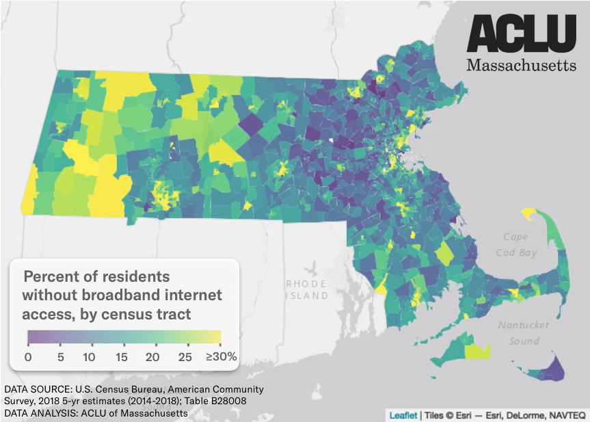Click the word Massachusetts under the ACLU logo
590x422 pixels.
[x=521, y=65]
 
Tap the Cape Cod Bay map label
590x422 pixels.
[x=518, y=244]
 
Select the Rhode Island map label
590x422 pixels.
[x=306, y=289]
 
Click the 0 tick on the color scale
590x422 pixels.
[x=28, y=356]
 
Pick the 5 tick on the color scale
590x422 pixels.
[x=59, y=356]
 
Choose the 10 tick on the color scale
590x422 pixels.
[x=90, y=356]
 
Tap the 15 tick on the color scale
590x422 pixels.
[x=121, y=356]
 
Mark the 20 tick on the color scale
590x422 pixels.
[x=152, y=356]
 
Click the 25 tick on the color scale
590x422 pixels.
[x=183, y=356]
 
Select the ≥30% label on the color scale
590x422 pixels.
[x=221, y=356]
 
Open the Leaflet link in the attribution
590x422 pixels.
[x=403, y=414]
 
